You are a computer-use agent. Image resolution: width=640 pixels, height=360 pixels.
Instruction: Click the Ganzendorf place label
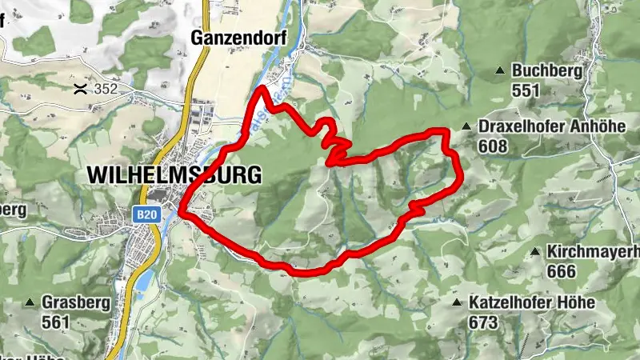click(x=228, y=37)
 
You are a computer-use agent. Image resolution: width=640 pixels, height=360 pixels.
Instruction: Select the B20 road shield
click(x=145, y=214)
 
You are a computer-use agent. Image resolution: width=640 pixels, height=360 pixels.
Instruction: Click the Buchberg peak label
click(x=549, y=70)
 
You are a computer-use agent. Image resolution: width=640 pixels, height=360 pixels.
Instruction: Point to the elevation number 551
click(x=526, y=90)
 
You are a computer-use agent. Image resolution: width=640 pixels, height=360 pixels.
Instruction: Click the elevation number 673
click(x=484, y=322)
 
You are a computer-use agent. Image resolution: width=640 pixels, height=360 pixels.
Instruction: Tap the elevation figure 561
click(x=57, y=322)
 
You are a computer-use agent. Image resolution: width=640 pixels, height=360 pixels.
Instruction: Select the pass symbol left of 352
click(x=79, y=88)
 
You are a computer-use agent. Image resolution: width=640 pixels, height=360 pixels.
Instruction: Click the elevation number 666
click(x=562, y=271)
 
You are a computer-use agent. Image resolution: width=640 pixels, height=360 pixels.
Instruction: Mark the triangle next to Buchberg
click(x=501, y=71)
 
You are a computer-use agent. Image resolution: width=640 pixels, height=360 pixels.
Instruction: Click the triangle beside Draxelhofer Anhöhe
click(x=466, y=126)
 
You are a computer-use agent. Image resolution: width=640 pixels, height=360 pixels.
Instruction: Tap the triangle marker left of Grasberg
click(x=30, y=303)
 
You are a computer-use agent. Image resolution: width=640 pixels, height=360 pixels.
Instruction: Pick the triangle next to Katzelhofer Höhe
click(x=457, y=303)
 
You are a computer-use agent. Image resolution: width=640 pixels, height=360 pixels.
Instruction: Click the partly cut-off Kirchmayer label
click(x=594, y=252)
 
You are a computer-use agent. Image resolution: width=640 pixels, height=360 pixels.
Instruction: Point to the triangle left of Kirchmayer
click(x=535, y=252)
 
